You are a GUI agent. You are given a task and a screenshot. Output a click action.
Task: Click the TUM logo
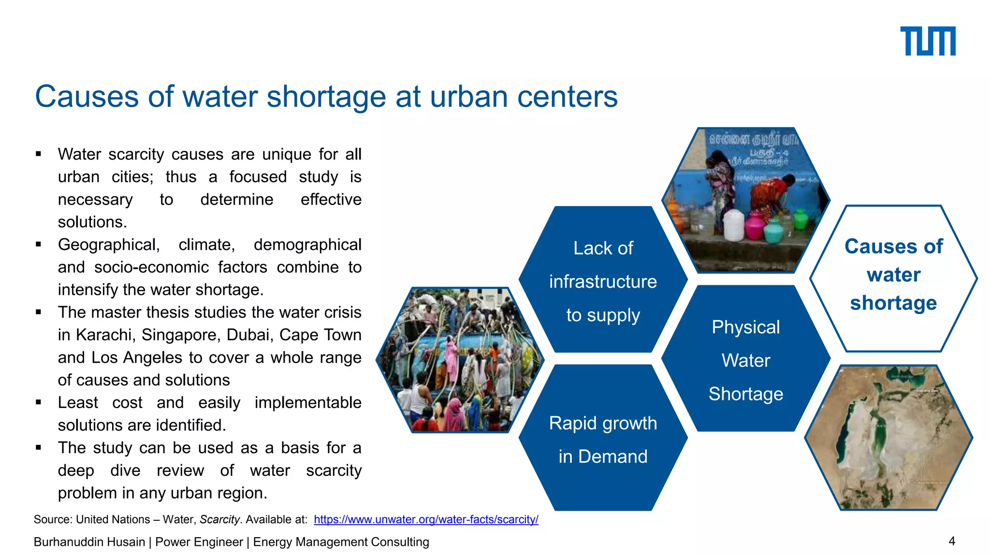927,41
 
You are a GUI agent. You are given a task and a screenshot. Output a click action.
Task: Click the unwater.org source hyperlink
426,519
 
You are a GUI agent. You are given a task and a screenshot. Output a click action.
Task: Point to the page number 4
951,541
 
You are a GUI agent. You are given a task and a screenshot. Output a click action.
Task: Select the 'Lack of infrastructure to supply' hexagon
603,280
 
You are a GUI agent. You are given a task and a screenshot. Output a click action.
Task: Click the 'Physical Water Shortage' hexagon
745,360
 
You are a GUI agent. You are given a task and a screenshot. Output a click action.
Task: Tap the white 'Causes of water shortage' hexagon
893,276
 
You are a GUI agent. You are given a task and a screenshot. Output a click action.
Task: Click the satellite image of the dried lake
888,438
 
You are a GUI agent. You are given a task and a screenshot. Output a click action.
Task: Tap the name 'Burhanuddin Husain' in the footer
89,542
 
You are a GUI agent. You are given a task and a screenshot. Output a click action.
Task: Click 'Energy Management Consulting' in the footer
341,542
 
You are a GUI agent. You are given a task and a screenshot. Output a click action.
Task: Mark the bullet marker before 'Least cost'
39,402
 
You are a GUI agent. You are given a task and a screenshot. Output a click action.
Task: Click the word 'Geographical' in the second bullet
108,245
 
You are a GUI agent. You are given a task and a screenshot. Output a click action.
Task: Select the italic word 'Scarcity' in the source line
219,519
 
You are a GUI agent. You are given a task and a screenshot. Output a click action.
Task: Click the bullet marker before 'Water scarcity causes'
39,154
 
